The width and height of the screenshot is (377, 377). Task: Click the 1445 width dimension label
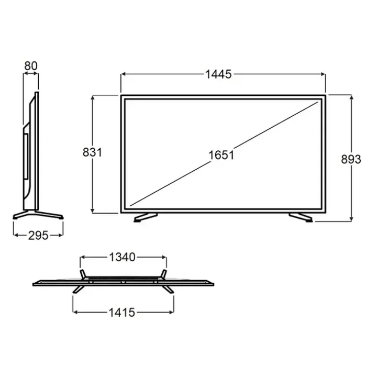click(x=218, y=74)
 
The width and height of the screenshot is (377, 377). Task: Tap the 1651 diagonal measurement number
click(x=221, y=155)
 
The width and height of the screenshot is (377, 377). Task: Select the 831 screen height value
click(x=92, y=152)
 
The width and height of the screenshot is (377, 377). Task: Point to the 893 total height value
click(x=351, y=159)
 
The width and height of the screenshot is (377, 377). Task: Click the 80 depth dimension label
click(x=31, y=66)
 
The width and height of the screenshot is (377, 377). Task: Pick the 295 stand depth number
click(x=38, y=236)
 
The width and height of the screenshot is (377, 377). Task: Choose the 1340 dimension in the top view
click(x=123, y=257)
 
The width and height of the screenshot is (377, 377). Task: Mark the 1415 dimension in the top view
click(x=122, y=313)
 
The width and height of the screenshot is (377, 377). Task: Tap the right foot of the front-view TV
click(x=301, y=217)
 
